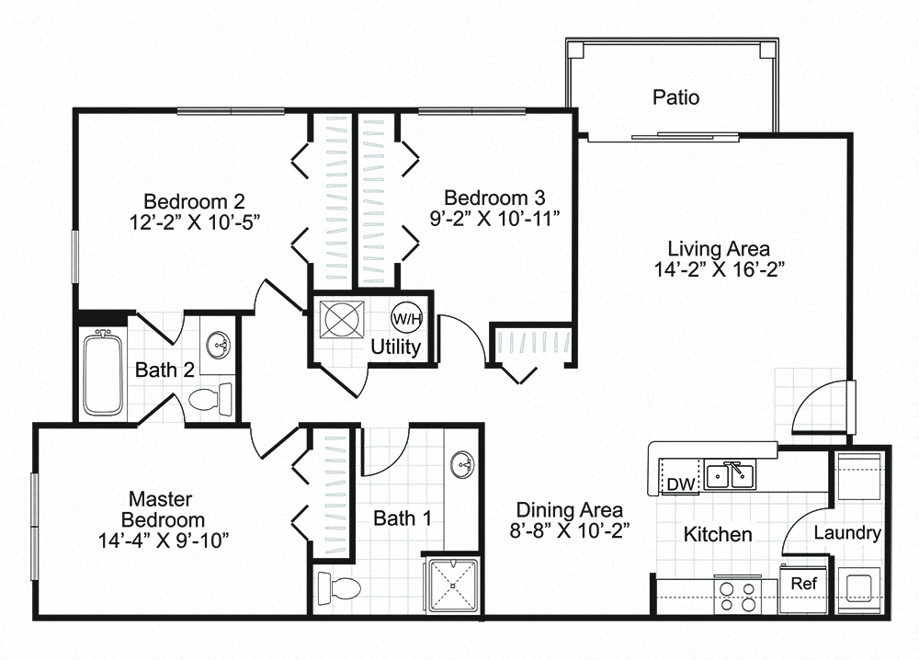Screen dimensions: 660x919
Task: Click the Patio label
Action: click(x=675, y=97)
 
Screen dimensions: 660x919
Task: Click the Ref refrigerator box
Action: click(x=803, y=583)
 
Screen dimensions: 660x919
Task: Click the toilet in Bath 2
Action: click(x=210, y=400)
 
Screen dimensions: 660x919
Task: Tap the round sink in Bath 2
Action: click(x=219, y=347)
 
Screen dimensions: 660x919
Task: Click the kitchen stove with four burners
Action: click(x=735, y=595)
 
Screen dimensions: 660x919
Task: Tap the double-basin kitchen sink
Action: click(x=732, y=476)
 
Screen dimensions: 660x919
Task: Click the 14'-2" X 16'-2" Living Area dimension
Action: click(x=719, y=269)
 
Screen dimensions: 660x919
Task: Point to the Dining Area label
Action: click(x=569, y=510)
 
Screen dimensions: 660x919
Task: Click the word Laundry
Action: click(x=847, y=533)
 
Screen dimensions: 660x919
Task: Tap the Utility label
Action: click(x=395, y=347)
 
